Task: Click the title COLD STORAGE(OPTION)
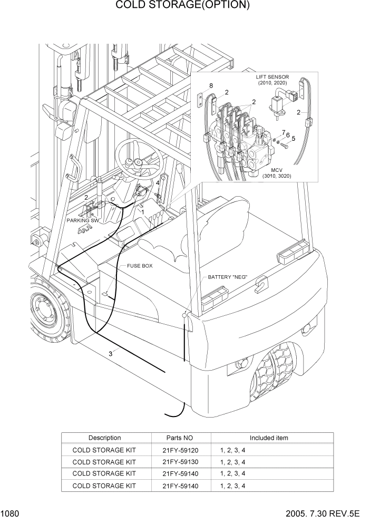(x=182, y=6)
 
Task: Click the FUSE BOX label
(x=140, y=266)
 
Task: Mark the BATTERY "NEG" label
(x=227, y=277)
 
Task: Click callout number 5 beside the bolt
(x=294, y=139)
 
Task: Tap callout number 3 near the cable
(x=110, y=354)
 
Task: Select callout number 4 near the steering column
(x=157, y=183)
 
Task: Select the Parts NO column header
(x=181, y=438)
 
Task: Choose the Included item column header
(x=268, y=438)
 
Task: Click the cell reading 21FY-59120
(x=181, y=450)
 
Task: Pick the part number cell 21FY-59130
(x=181, y=462)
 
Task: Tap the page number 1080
(x=11, y=514)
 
